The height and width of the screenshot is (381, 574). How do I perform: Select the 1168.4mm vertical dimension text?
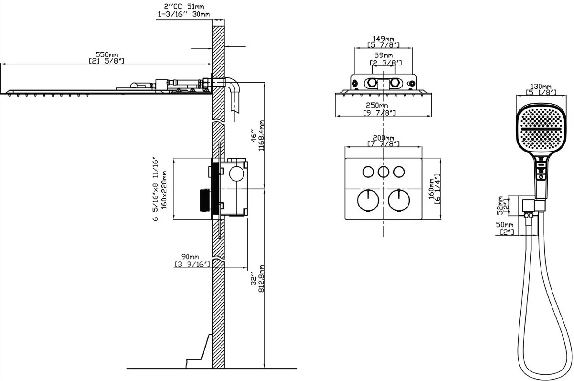[x=261, y=136]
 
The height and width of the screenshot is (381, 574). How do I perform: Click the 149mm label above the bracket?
[x=383, y=39]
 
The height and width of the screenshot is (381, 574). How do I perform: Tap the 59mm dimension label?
[x=383, y=56]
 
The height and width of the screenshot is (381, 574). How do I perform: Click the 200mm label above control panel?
[x=383, y=137]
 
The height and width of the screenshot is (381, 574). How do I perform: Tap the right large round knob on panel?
[x=398, y=199]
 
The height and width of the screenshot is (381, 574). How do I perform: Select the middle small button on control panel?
[x=383, y=171]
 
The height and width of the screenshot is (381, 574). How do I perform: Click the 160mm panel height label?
[x=432, y=188]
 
